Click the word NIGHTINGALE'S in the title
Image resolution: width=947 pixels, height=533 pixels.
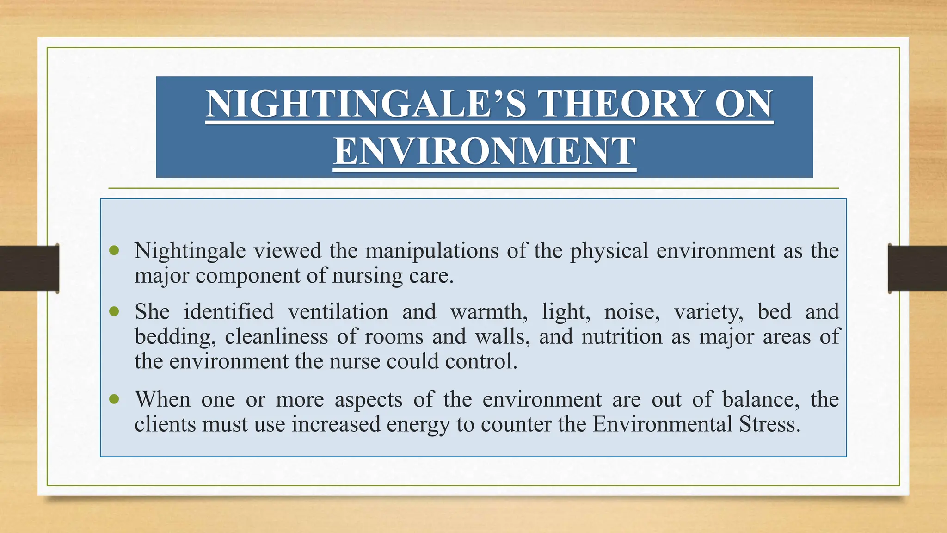366,104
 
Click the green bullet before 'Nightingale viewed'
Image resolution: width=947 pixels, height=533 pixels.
114,251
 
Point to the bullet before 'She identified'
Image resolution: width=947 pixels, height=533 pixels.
114,311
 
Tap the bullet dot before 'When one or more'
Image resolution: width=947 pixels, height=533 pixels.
114,399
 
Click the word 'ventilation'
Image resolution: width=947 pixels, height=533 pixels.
338,311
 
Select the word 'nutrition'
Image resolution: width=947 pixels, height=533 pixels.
622,336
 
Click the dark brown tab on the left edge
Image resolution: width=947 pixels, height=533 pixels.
29,268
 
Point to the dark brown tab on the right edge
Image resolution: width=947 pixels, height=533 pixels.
917,268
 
